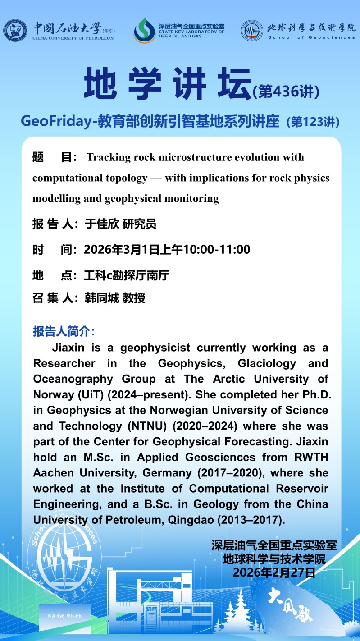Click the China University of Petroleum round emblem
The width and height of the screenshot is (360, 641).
click(15, 31)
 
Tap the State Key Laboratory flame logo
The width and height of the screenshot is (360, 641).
click(144, 31)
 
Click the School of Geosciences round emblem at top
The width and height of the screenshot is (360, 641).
click(252, 31)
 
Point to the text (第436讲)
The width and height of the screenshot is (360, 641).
click(286, 92)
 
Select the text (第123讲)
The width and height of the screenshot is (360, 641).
click(313, 122)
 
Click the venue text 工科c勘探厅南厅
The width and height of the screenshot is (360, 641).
click(127, 275)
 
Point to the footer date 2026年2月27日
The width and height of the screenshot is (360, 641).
click(273, 573)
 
